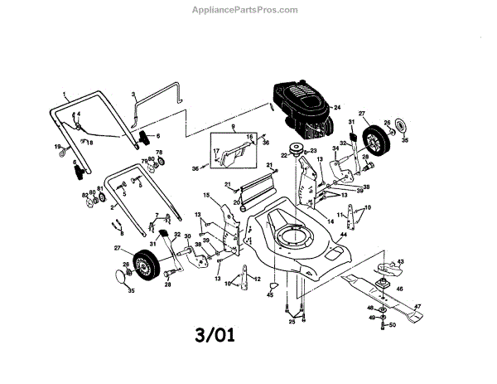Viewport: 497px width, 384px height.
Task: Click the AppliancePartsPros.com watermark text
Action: coord(248,10)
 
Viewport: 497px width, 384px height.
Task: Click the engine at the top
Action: coord(300,106)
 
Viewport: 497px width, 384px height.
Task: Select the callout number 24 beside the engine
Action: coord(337,108)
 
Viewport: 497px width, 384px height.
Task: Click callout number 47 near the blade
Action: coord(418,307)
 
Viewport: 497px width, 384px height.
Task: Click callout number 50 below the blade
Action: coord(393,327)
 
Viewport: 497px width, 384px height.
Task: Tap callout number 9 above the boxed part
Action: coord(234,127)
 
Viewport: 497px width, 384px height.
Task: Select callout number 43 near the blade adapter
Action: coord(401,262)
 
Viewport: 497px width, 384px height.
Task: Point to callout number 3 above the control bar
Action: coord(133,96)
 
